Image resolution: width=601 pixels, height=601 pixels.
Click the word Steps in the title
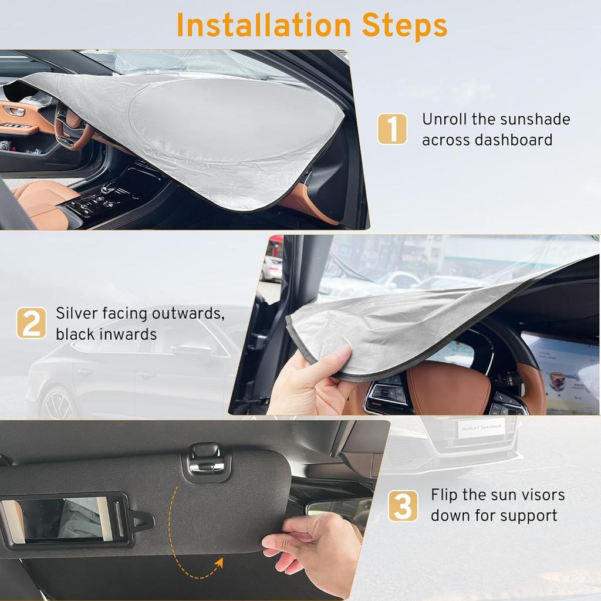pos(404,26)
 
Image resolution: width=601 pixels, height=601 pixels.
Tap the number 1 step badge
pos(392,129)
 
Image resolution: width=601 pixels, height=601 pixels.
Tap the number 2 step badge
pos(31,323)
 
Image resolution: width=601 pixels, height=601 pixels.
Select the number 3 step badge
pos(403,506)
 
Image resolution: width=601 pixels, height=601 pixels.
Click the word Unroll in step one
pos(444,119)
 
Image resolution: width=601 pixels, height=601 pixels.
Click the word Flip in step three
pos(444,495)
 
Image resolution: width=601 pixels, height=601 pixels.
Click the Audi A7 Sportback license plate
pos(481,428)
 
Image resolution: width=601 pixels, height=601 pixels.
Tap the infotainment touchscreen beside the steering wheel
pos(561,370)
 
